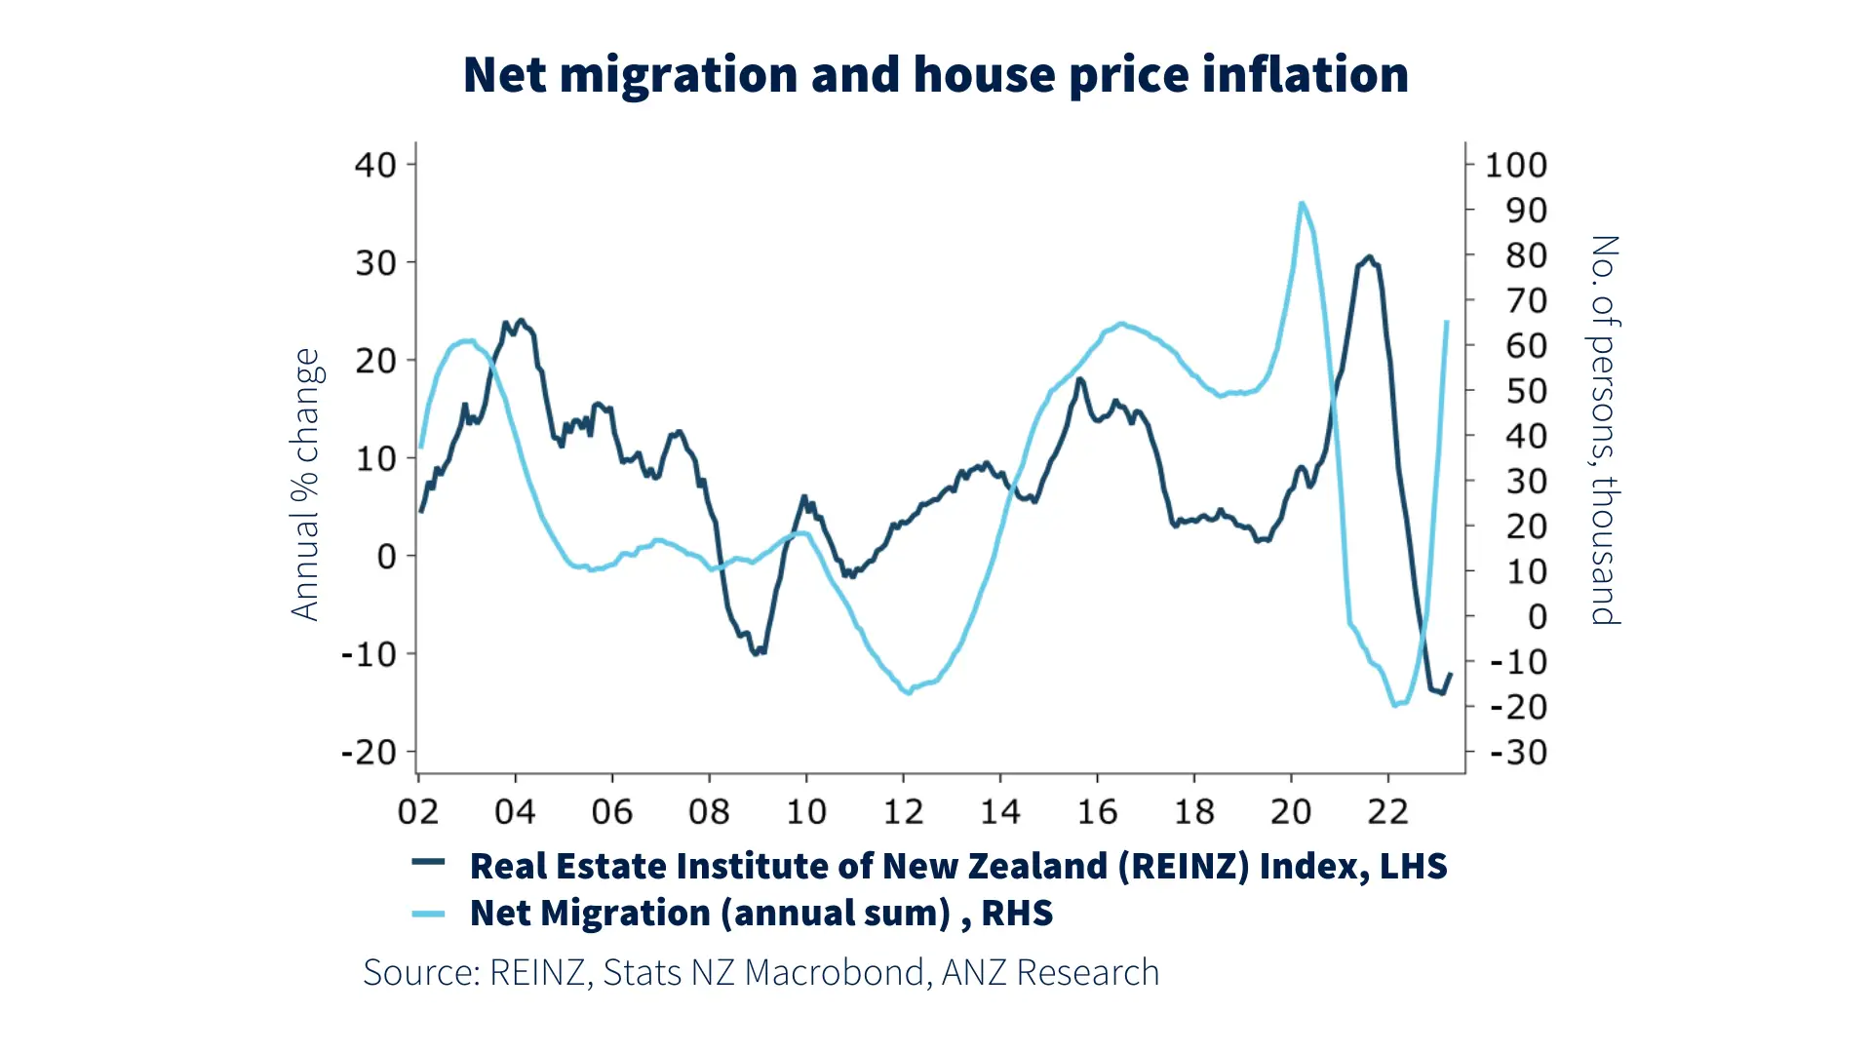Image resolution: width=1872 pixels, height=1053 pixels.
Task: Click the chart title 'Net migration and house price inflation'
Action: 935,75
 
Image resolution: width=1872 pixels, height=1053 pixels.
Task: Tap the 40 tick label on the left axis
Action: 375,165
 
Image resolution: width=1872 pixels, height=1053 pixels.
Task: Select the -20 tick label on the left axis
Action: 369,753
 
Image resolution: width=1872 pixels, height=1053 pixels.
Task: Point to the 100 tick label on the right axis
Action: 1515,166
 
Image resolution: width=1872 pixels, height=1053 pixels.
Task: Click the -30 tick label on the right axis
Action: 1518,753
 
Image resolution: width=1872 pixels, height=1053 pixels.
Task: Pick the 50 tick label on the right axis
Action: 1526,391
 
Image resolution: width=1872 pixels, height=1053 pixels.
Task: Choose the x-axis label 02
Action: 418,811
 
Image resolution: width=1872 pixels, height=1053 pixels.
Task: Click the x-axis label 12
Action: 903,811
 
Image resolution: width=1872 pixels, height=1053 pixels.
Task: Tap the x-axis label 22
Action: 1387,811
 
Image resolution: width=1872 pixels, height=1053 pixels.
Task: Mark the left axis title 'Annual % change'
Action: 305,485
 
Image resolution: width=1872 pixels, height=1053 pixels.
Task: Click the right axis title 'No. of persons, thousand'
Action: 1605,429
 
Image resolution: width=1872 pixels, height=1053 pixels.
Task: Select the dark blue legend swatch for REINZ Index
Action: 428,862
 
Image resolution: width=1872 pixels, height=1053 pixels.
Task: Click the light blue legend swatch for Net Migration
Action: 428,914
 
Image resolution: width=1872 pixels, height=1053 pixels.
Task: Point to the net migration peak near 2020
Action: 1302,204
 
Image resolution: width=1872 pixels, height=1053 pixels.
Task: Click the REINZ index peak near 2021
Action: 1369,258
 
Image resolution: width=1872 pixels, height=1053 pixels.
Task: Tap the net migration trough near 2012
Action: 909,691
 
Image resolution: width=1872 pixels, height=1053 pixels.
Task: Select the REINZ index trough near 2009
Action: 757,652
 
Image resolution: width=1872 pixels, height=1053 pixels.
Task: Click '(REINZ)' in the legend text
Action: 1183,866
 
